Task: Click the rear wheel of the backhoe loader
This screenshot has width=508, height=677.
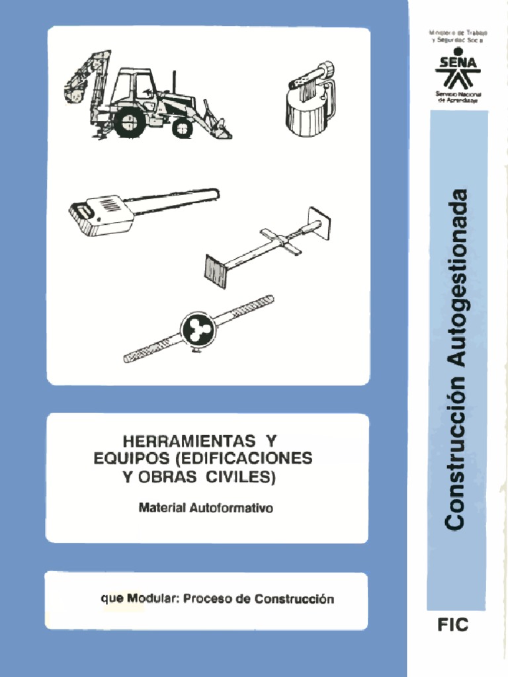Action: click(129, 121)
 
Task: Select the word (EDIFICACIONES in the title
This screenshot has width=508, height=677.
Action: click(243, 458)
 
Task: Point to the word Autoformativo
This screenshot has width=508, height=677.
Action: click(231, 509)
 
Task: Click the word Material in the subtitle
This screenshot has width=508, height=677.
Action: click(162, 509)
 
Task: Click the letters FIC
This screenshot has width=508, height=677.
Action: click(453, 625)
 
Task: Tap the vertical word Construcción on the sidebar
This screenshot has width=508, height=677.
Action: click(458, 456)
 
